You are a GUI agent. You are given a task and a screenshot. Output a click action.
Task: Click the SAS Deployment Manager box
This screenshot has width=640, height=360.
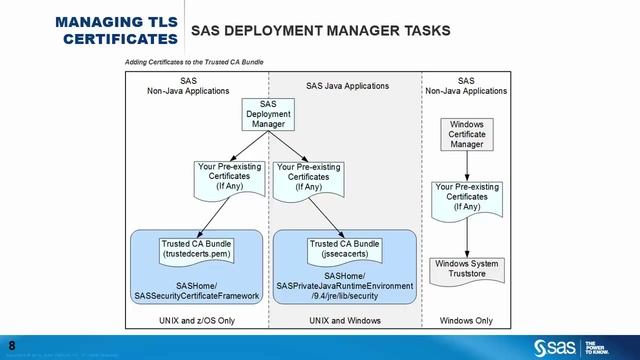coord(267,114)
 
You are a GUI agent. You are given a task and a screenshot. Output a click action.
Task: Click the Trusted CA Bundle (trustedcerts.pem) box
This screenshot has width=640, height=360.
coord(196,248)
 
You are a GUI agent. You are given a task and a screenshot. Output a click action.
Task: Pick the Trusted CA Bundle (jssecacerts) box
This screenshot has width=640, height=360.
coord(343,248)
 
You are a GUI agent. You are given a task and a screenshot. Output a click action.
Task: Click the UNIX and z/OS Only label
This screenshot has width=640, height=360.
coord(196,320)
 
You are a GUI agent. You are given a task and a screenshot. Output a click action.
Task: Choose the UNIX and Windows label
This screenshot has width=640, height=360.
coord(343,320)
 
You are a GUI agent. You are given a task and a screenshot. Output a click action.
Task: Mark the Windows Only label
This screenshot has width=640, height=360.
coord(467,320)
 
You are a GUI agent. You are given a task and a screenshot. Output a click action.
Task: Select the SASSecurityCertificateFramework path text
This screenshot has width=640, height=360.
coord(196,296)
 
